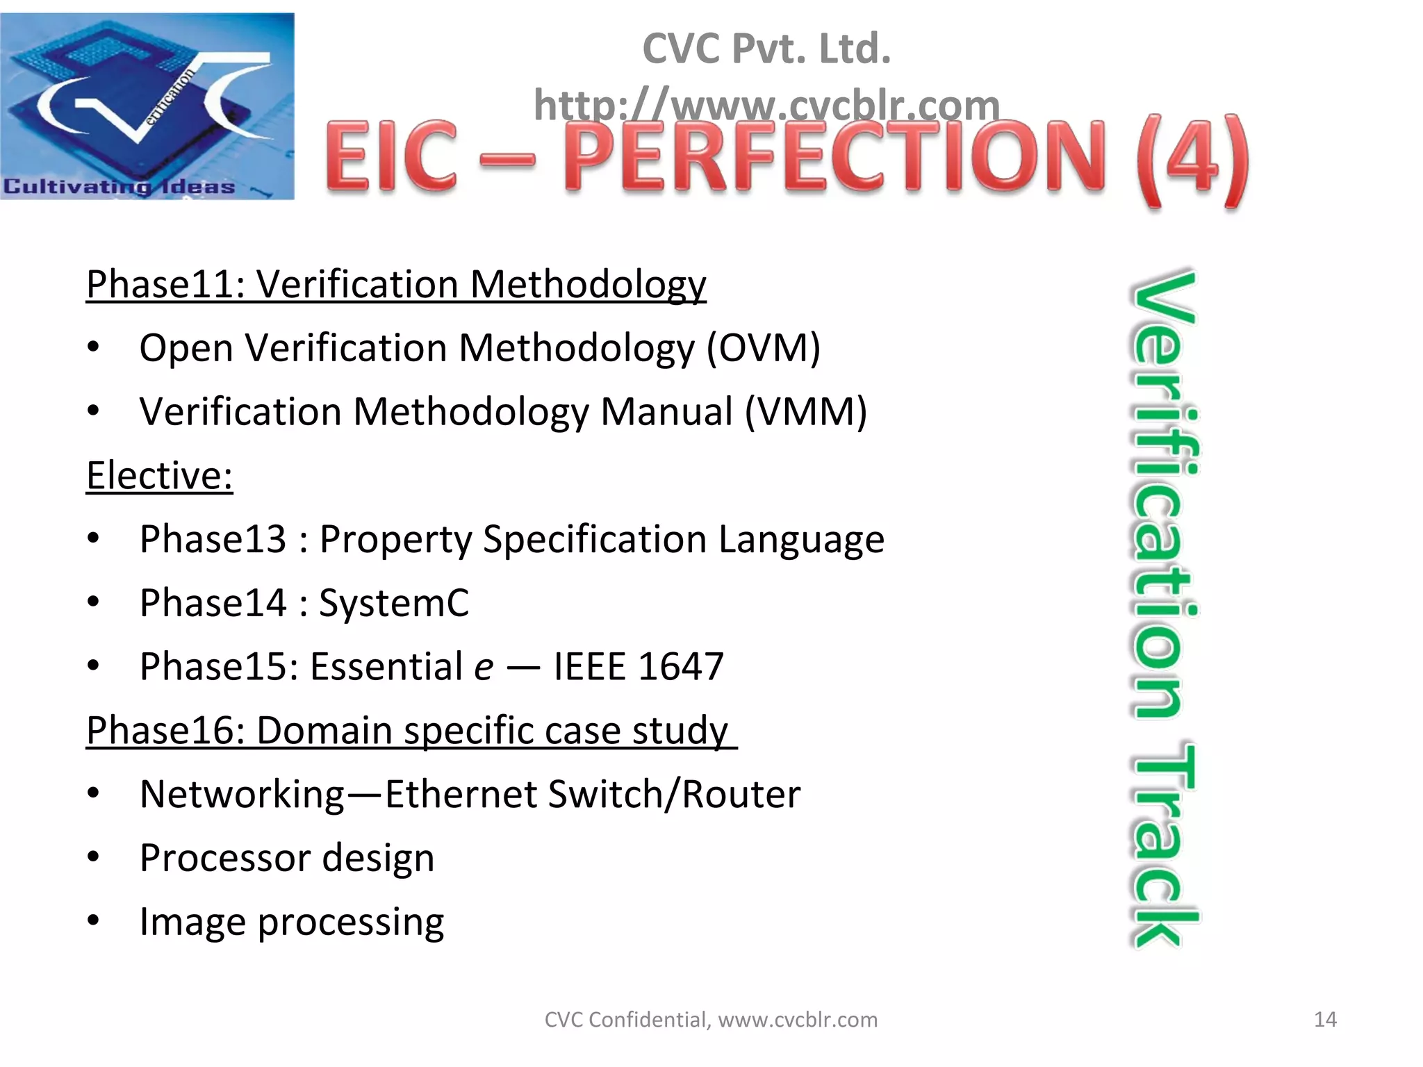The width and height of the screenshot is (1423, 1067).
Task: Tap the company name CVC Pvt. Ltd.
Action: point(766,49)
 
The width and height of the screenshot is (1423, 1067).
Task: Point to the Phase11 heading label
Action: point(165,284)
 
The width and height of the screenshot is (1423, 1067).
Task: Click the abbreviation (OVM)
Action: point(763,347)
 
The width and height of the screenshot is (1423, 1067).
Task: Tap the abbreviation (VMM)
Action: point(806,411)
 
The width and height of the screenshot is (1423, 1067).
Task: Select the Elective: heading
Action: point(159,476)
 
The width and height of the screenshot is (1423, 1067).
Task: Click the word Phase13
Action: point(213,539)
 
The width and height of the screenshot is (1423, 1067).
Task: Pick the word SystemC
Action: point(394,603)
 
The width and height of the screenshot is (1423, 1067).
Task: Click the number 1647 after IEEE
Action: point(680,667)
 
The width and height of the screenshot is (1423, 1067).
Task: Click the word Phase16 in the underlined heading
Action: point(165,731)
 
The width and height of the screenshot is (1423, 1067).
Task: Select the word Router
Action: point(741,794)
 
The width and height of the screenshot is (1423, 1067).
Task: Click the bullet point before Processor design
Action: point(93,857)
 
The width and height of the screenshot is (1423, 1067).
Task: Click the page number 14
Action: point(1325,1019)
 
